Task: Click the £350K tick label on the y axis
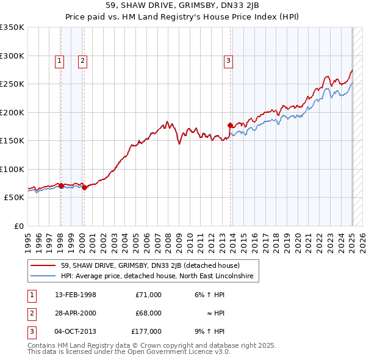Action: point(12,27)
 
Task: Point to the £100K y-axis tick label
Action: point(12,169)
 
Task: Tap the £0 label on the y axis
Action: point(18,226)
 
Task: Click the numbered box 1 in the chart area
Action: point(60,60)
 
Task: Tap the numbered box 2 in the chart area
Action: point(82,60)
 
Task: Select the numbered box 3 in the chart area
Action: point(228,60)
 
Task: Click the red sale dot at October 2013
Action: point(230,126)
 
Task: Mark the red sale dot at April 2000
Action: point(85,187)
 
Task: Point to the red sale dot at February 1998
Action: point(61,185)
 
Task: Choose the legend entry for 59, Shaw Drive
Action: point(150,265)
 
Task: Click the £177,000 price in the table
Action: point(146,331)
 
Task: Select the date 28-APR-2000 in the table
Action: point(74,313)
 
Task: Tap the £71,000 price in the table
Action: point(148,295)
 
